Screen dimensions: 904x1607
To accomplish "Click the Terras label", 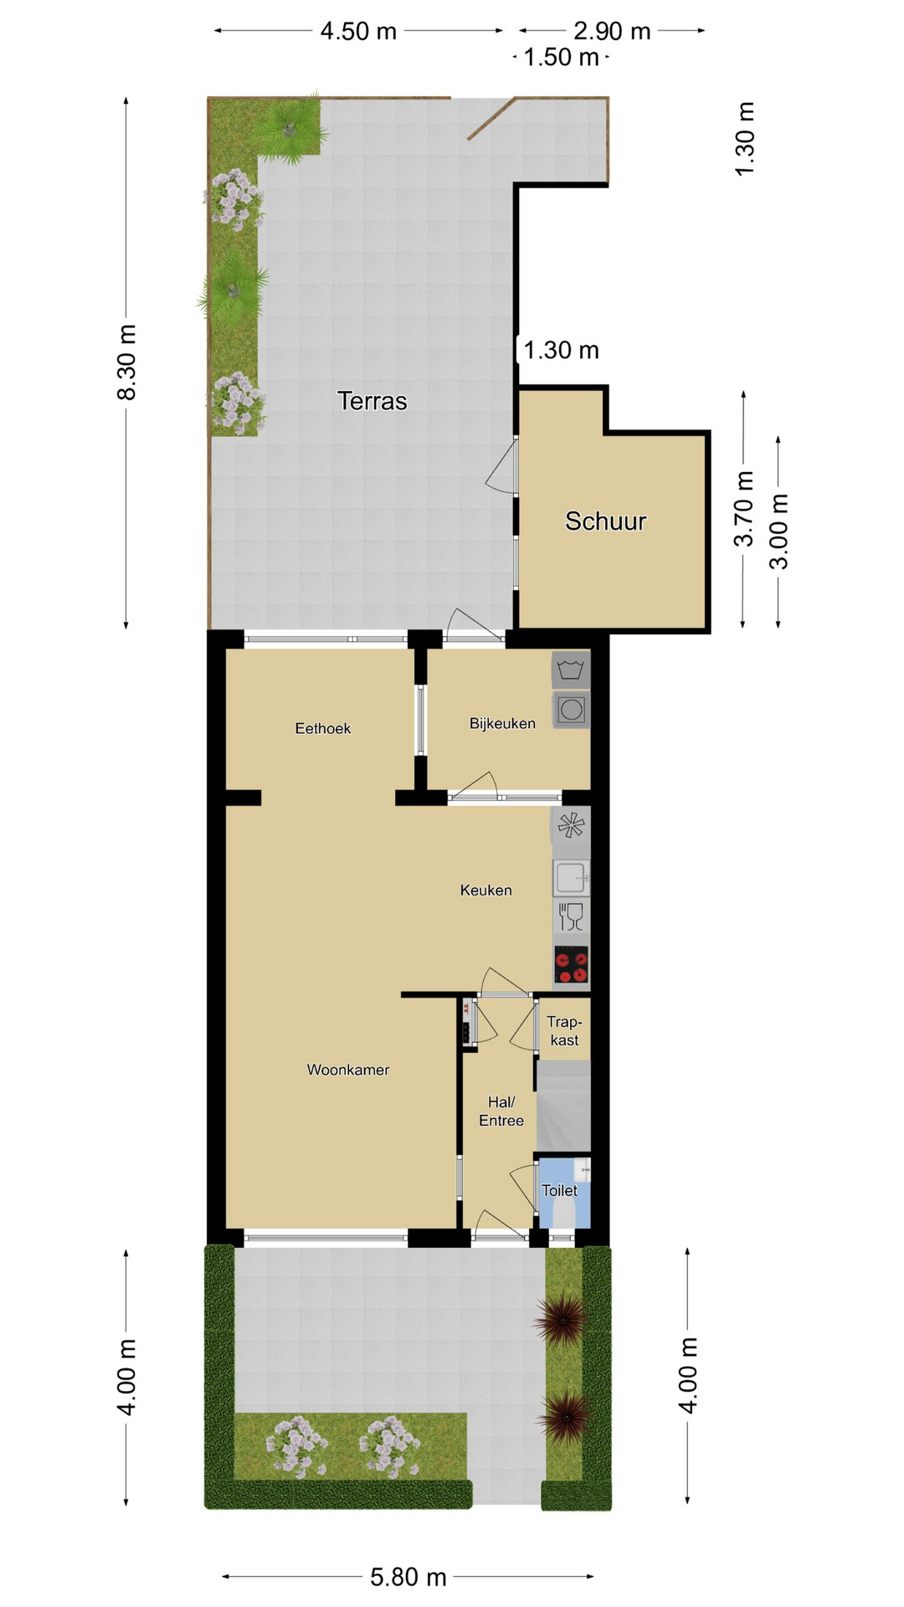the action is tap(372, 401).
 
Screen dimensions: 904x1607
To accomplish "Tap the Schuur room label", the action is tap(605, 521).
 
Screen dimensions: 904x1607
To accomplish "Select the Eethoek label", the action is tap(323, 728).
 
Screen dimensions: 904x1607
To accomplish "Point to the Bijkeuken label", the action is tap(502, 723).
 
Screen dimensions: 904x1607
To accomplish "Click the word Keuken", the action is tap(485, 890).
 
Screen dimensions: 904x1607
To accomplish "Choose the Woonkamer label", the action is tap(348, 1070).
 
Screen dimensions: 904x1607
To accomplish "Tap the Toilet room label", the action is tap(559, 1190).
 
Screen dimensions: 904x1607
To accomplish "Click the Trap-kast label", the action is tap(564, 1030).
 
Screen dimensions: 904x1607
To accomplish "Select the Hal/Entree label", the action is tap(501, 1112).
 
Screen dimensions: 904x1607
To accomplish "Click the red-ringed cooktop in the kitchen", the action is tap(571, 964).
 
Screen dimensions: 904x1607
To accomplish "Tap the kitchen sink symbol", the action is tap(571, 877).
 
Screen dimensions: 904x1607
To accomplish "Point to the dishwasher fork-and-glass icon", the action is tap(571, 916).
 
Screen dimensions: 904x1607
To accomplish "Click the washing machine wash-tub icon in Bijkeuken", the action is tap(571, 670).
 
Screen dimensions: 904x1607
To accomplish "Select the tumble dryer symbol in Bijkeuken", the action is tap(571, 709).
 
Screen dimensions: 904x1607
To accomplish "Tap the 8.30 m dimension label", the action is tap(126, 362).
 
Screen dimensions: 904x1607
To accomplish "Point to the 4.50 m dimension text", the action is tap(358, 31).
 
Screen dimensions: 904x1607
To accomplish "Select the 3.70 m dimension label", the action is tap(744, 509).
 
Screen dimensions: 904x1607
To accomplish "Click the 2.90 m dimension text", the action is tap(612, 31).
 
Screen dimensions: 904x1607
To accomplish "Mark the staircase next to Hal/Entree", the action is tap(563, 1106).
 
